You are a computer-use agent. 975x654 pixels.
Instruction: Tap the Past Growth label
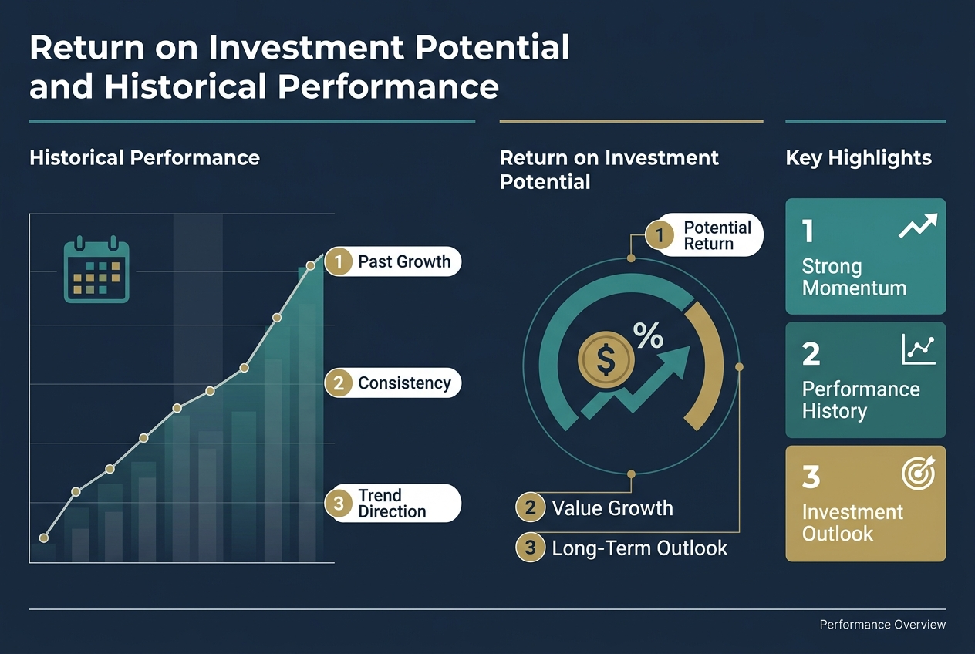point(393,261)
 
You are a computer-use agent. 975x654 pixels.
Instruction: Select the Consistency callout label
point(393,383)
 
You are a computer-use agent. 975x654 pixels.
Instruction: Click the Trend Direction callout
point(393,504)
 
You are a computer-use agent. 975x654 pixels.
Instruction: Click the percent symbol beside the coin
point(647,335)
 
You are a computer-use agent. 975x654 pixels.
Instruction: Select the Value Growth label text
point(612,508)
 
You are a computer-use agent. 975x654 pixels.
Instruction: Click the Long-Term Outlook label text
point(639,548)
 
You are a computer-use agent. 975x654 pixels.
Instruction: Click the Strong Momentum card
point(865,257)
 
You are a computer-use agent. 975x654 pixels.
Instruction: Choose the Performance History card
point(865,380)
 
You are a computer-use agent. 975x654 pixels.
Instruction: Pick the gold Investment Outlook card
point(865,503)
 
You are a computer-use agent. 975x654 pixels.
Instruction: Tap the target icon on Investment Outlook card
point(918,472)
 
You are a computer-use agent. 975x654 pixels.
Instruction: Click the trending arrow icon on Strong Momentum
point(918,225)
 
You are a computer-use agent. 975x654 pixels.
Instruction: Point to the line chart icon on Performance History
point(918,349)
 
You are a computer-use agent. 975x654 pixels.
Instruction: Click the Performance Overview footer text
point(882,625)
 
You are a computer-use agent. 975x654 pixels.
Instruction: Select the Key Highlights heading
point(859,158)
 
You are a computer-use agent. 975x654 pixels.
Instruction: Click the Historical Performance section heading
point(144,158)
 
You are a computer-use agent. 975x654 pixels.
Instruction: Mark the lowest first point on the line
point(43,538)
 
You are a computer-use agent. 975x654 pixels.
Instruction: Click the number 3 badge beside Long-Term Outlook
point(530,548)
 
